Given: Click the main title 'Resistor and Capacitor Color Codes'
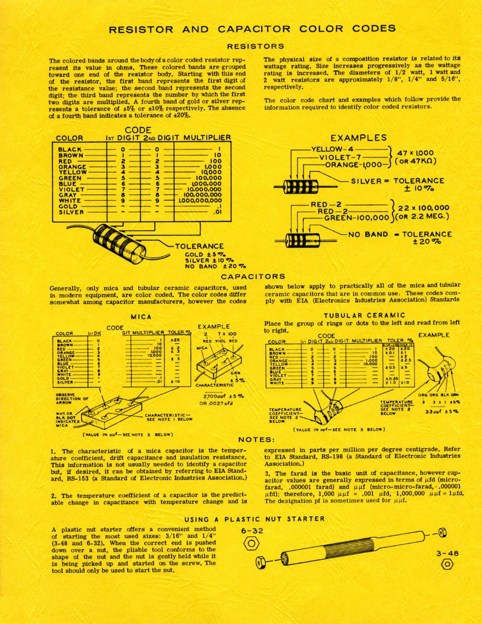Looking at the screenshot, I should [x=252, y=29].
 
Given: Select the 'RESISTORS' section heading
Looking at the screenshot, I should [x=255, y=46].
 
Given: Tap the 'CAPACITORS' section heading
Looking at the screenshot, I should [x=253, y=277].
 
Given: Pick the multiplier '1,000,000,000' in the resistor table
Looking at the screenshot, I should [x=199, y=201].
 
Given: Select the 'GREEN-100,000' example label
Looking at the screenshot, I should [x=356, y=218].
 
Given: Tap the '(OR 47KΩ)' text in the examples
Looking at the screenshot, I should [x=415, y=161].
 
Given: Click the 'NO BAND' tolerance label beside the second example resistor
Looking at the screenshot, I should [x=368, y=234].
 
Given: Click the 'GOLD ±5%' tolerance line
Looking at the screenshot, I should [x=206, y=254].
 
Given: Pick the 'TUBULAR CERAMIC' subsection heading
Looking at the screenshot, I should [x=364, y=315].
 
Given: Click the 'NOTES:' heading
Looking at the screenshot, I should [x=256, y=440].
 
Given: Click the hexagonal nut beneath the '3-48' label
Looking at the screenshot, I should [x=446, y=564].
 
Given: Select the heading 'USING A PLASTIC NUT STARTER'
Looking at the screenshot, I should [x=255, y=519].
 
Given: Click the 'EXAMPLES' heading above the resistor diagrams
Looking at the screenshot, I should [x=358, y=138].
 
